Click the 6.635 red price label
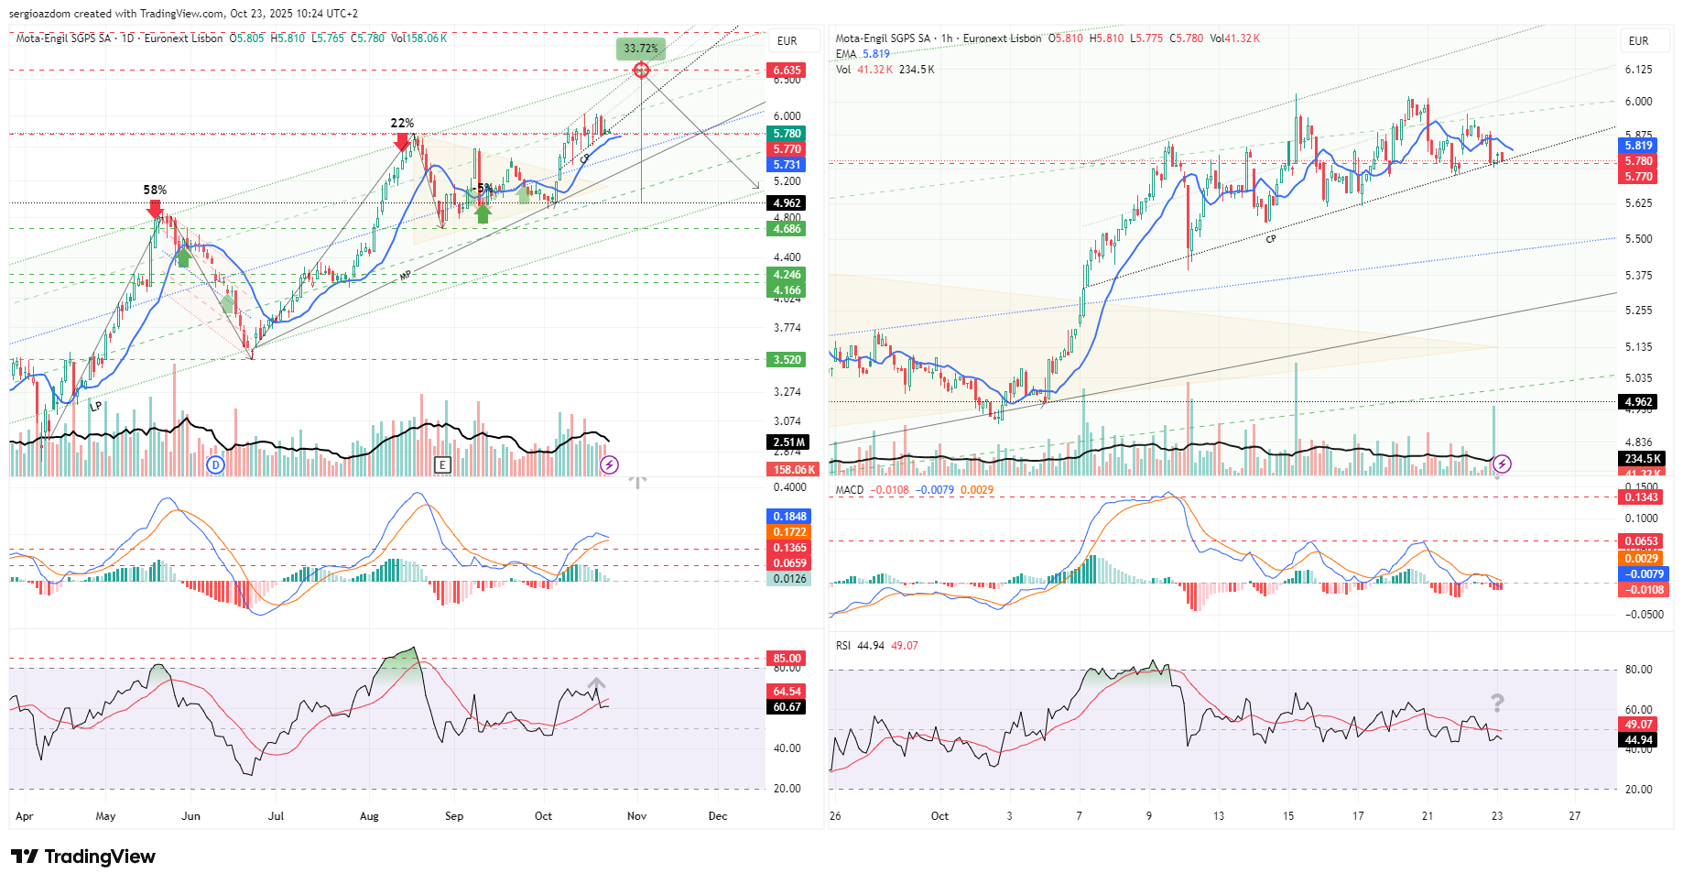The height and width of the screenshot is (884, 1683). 787,71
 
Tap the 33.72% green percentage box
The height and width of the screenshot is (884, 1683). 641,48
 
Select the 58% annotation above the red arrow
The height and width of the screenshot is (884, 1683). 155,190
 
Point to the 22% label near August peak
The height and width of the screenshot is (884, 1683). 402,123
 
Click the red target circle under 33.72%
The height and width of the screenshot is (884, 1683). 641,71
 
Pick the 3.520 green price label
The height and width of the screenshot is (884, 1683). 787,360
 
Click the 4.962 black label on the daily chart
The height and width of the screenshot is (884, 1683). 787,203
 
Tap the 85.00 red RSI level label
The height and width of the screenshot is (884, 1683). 787,658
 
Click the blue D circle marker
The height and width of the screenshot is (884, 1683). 215,464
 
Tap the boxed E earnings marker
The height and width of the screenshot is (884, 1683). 442,464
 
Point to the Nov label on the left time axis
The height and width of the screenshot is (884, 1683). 636,815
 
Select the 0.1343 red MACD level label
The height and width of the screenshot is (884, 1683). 1641,497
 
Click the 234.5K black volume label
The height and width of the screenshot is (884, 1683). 1642,459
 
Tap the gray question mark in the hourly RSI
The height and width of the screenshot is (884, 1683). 1497,703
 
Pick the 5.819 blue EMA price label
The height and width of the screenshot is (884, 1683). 1638,146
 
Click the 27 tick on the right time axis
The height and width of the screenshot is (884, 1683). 1574,815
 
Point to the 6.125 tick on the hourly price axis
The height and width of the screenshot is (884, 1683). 1638,70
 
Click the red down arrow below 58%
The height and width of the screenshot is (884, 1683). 155,209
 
